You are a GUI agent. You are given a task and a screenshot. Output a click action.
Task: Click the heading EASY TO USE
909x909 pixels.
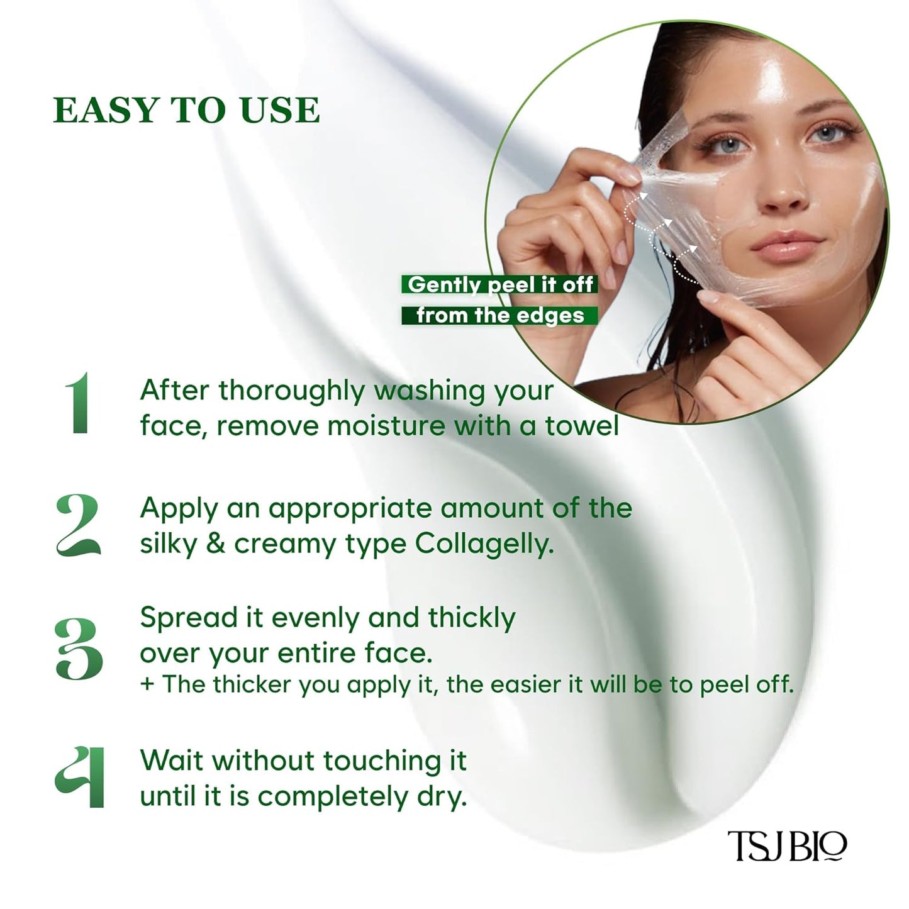pos(187,111)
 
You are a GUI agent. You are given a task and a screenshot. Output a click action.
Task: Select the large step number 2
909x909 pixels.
pos(78,525)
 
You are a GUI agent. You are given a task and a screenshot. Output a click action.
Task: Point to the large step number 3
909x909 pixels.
pos(79,649)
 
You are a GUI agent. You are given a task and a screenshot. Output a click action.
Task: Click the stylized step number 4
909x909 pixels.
pos(79,776)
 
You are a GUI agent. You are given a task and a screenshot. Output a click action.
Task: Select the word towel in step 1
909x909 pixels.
pos(582,426)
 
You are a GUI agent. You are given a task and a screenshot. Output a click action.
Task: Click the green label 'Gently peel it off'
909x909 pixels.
pos(500,284)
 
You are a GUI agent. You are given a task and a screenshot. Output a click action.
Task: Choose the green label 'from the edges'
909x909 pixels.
pos(500,315)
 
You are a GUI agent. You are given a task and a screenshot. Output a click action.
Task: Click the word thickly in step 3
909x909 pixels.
pos(472,618)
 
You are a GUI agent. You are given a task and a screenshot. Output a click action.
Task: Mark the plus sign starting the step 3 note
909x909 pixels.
pos(147,684)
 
